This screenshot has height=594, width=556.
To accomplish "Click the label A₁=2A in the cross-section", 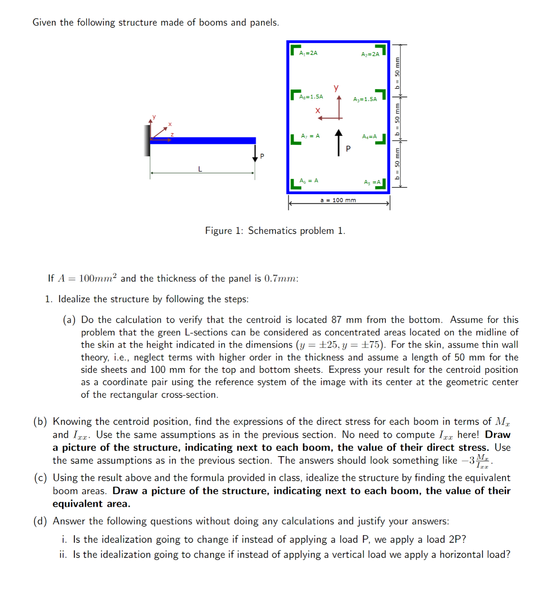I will [x=308, y=53].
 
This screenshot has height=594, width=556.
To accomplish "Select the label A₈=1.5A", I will [x=311, y=97].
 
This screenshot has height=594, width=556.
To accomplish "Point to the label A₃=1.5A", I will [x=365, y=99].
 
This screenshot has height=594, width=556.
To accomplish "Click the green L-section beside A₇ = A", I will [x=295, y=140].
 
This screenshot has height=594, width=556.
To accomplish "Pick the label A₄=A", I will [x=369, y=136].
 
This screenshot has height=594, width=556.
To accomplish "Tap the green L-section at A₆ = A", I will [x=295, y=185].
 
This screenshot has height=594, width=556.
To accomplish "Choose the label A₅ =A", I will [x=372, y=182].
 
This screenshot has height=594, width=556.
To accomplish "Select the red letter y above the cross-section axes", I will [x=336, y=88].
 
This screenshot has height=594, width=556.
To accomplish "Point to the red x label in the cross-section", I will [x=318, y=111].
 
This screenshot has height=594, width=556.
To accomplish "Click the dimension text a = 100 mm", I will [x=338, y=200].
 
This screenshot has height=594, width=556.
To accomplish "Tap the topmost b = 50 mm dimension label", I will [x=397, y=72].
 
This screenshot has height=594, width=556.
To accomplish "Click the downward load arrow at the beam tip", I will [x=255, y=153].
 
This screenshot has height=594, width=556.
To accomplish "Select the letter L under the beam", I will [x=200, y=169].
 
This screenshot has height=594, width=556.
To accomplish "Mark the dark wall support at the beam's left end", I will [x=147, y=141].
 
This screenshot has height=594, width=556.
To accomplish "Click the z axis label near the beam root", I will [x=172, y=135].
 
